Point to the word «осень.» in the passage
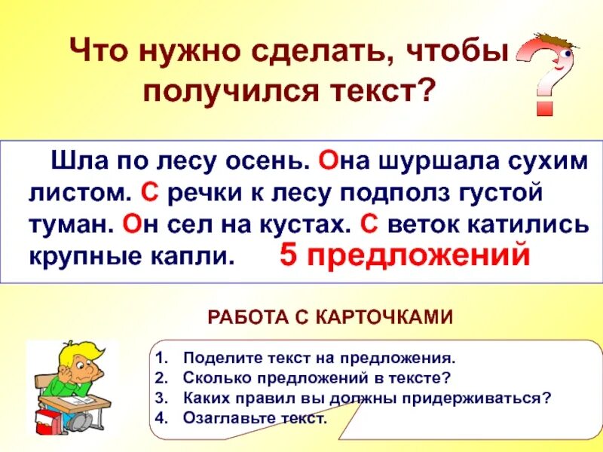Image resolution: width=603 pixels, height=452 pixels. coord(264,160)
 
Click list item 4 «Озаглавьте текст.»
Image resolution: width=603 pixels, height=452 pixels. coord(256,419)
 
